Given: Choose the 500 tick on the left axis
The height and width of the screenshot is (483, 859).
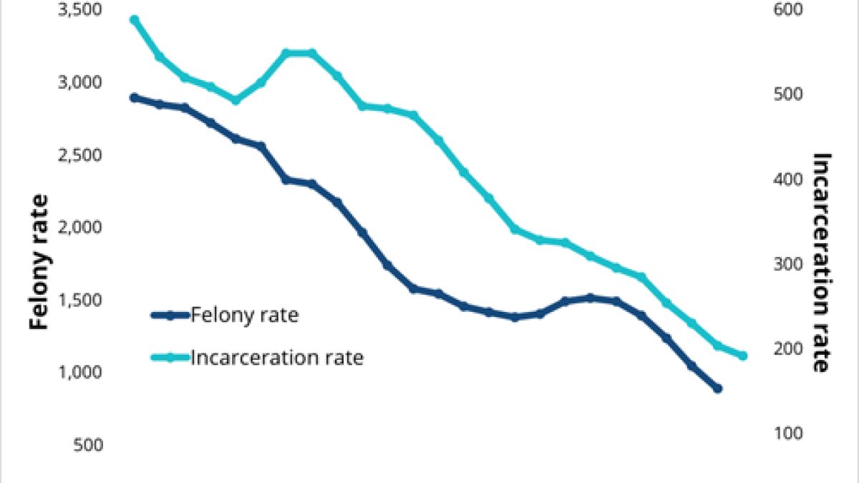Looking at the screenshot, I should tap(89, 445).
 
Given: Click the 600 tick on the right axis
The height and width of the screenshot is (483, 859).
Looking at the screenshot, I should tap(791, 10).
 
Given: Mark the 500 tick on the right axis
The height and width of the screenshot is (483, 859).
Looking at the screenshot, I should tap(791, 94).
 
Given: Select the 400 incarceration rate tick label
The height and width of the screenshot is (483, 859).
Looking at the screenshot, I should tap(791, 179).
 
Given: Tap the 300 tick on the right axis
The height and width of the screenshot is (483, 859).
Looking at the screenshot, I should tap(791, 264).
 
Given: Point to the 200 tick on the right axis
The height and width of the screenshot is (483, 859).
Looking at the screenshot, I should tap(791, 348).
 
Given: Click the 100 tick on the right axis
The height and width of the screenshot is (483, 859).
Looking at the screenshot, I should tap(791, 433).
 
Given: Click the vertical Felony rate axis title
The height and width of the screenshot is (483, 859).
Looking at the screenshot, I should tap(41, 262).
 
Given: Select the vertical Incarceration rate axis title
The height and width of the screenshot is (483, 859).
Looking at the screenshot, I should tap(822, 262).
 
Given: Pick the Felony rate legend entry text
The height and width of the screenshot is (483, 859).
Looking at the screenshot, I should tap(244, 315).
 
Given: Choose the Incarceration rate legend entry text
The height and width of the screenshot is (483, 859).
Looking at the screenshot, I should tap(277, 357).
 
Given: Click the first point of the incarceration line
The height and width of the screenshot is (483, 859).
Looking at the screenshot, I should tap(134, 20).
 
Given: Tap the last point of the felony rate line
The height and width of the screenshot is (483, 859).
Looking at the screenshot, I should tap(717, 389).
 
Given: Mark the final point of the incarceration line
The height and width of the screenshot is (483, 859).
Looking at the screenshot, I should tap(743, 356).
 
